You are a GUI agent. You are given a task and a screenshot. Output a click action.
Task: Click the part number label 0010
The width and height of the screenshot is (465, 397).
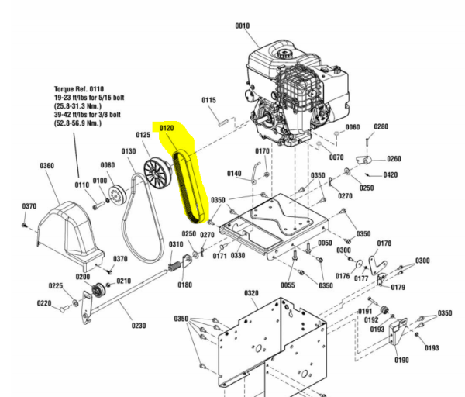[243, 26]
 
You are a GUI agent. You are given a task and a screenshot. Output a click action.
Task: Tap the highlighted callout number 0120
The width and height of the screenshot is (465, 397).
[167, 128]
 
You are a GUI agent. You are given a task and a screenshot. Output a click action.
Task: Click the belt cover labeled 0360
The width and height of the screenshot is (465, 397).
[70, 235]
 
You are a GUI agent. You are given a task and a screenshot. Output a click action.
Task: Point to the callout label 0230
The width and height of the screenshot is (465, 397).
[139, 326]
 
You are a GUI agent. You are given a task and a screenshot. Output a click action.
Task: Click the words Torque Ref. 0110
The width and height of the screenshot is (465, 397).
[79, 88]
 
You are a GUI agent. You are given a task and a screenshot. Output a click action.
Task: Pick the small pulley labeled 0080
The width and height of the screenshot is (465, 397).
[118, 195]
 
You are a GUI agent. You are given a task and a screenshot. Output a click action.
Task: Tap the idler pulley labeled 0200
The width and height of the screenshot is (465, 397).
[98, 289]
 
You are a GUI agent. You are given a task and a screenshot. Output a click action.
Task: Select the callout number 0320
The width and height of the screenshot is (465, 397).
[251, 293]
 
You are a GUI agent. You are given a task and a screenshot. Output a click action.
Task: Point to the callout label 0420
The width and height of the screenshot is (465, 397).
[391, 174]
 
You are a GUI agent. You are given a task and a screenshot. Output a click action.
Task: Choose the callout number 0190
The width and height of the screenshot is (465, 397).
[401, 360]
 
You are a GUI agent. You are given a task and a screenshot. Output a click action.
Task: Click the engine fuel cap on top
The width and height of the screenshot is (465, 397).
[284, 54]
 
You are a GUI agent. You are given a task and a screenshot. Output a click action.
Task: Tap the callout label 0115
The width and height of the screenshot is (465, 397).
[208, 100]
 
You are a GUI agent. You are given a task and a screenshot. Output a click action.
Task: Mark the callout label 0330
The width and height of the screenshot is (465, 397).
[238, 255]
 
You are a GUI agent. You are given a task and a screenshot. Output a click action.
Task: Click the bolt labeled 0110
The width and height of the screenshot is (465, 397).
[99, 205]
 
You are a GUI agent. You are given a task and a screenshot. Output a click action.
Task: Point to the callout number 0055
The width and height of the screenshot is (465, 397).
[288, 285]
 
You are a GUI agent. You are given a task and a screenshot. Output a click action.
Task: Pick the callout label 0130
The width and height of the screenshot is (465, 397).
[129, 151]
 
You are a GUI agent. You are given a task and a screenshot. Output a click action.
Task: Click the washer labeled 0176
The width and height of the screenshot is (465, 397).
[359, 263]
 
